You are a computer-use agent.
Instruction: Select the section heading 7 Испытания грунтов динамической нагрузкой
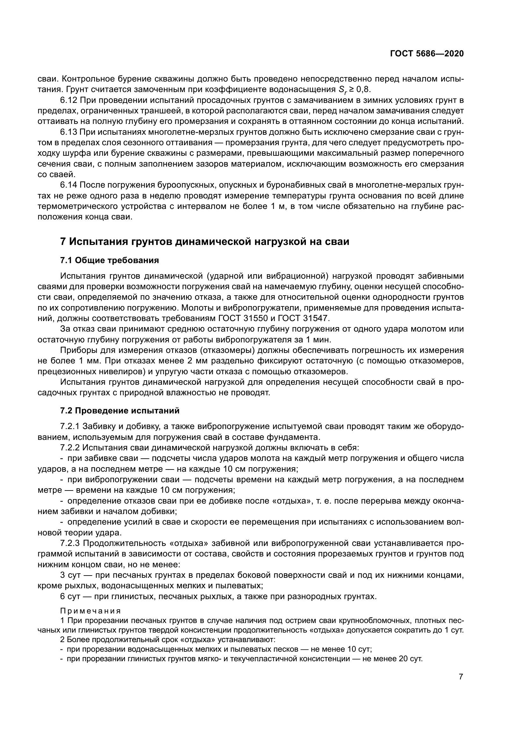click(x=205, y=242)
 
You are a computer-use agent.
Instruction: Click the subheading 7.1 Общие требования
click(x=109, y=260)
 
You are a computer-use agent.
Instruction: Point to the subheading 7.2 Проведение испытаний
click(x=119, y=411)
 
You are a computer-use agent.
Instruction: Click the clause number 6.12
click(x=69, y=100)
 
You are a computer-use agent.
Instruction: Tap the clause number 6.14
click(x=69, y=185)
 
